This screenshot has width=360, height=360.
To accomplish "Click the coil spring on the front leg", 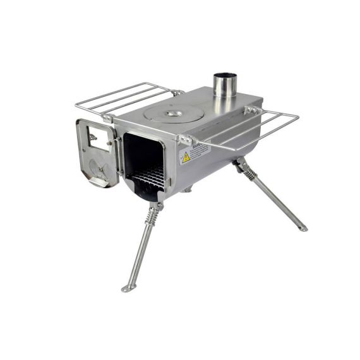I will tap(152, 216).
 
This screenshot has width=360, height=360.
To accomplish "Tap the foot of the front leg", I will tap(129, 288).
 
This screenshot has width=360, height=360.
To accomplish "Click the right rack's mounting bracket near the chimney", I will tap(251, 111).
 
